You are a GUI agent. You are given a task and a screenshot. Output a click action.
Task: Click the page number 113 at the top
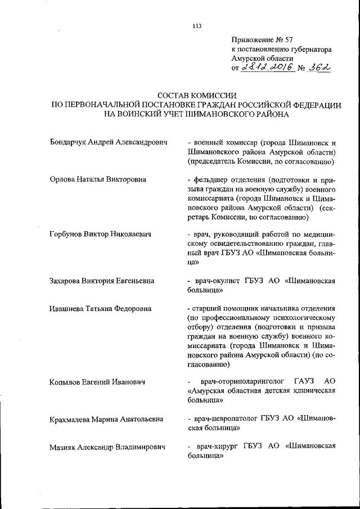(196, 25)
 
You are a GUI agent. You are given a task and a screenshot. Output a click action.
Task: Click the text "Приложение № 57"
(262, 39)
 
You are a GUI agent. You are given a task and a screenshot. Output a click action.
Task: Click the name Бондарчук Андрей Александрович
(109, 143)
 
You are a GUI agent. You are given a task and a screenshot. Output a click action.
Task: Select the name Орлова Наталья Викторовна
(98, 179)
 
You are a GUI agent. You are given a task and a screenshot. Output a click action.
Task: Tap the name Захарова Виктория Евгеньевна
(102, 280)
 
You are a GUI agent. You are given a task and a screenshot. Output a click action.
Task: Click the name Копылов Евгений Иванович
(97, 382)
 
